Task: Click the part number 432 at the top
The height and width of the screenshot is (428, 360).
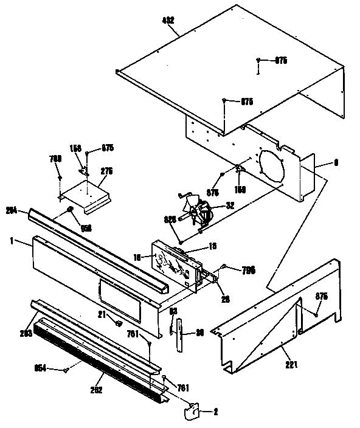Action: pyautogui.click(x=168, y=20)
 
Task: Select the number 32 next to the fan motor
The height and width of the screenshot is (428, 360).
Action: pyautogui.click(x=229, y=205)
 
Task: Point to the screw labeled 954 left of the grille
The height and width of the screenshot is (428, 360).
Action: pyautogui.click(x=65, y=369)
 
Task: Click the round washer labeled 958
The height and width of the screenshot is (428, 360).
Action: pyautogui.click(x=71, y=209)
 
